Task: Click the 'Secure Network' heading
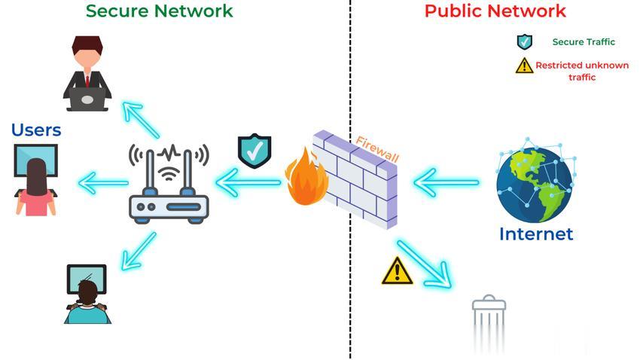pos(159,11)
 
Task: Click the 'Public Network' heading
pos(495,11)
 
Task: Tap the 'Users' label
pos(36,130)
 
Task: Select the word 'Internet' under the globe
pos(535,234)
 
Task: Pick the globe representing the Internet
pos(534,181)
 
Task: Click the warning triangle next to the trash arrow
pos(397,271)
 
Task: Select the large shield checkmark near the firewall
pos(254,151)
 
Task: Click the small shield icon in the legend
pos(524,42)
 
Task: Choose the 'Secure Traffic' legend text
pos(584,42)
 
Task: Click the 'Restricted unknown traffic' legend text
pos(581,71)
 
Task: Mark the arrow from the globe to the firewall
pos(446,182)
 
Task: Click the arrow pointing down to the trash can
pos(424,264)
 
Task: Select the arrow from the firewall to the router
pos(248,182)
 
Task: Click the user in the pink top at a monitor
pos(36,181)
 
